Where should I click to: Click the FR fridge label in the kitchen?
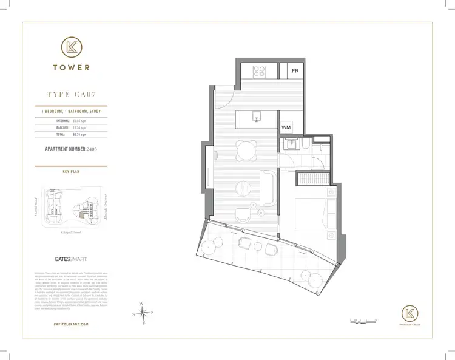295,71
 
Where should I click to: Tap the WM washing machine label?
286,127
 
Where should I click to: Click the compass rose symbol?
143,314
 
